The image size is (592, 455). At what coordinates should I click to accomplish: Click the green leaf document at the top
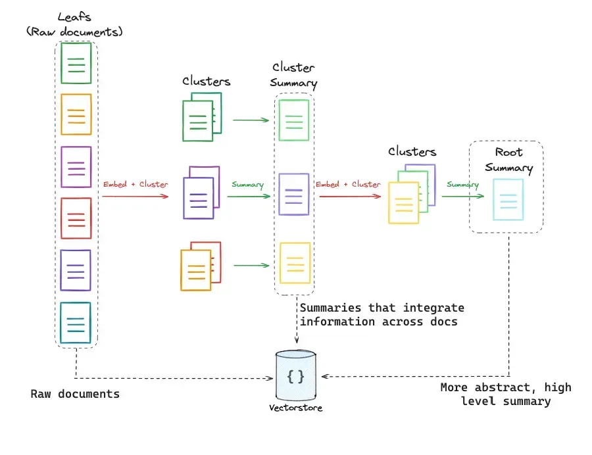click(76, 63)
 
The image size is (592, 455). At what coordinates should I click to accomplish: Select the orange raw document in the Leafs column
click(76, 114)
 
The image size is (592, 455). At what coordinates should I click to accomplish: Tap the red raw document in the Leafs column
click(76, 218)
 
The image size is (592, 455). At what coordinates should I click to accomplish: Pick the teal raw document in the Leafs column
click(76, 323)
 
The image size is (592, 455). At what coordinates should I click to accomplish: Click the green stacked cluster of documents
click(201, 116)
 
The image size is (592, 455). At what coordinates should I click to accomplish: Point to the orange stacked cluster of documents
click(200, 266)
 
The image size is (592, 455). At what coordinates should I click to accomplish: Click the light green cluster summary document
click(293, 120)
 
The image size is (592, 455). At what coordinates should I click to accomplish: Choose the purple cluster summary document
click(293, 194)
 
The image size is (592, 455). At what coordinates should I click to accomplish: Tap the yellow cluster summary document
click(293, 263)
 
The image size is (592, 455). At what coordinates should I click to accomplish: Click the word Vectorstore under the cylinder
click(295, 408)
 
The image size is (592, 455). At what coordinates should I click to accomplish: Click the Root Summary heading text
click(508, 160)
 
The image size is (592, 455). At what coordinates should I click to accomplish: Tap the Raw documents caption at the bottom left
click(75, 394)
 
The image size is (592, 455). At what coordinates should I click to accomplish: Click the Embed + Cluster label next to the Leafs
click(135, 184)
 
